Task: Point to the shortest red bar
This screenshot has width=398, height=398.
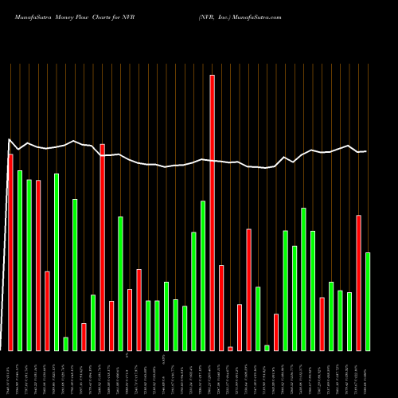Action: [x=230, y=349]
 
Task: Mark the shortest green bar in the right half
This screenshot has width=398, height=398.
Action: [x=267, y=347]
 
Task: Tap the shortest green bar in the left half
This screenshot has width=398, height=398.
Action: [x=66, y=344]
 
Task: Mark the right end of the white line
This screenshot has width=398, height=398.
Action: [x=366, y=151]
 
